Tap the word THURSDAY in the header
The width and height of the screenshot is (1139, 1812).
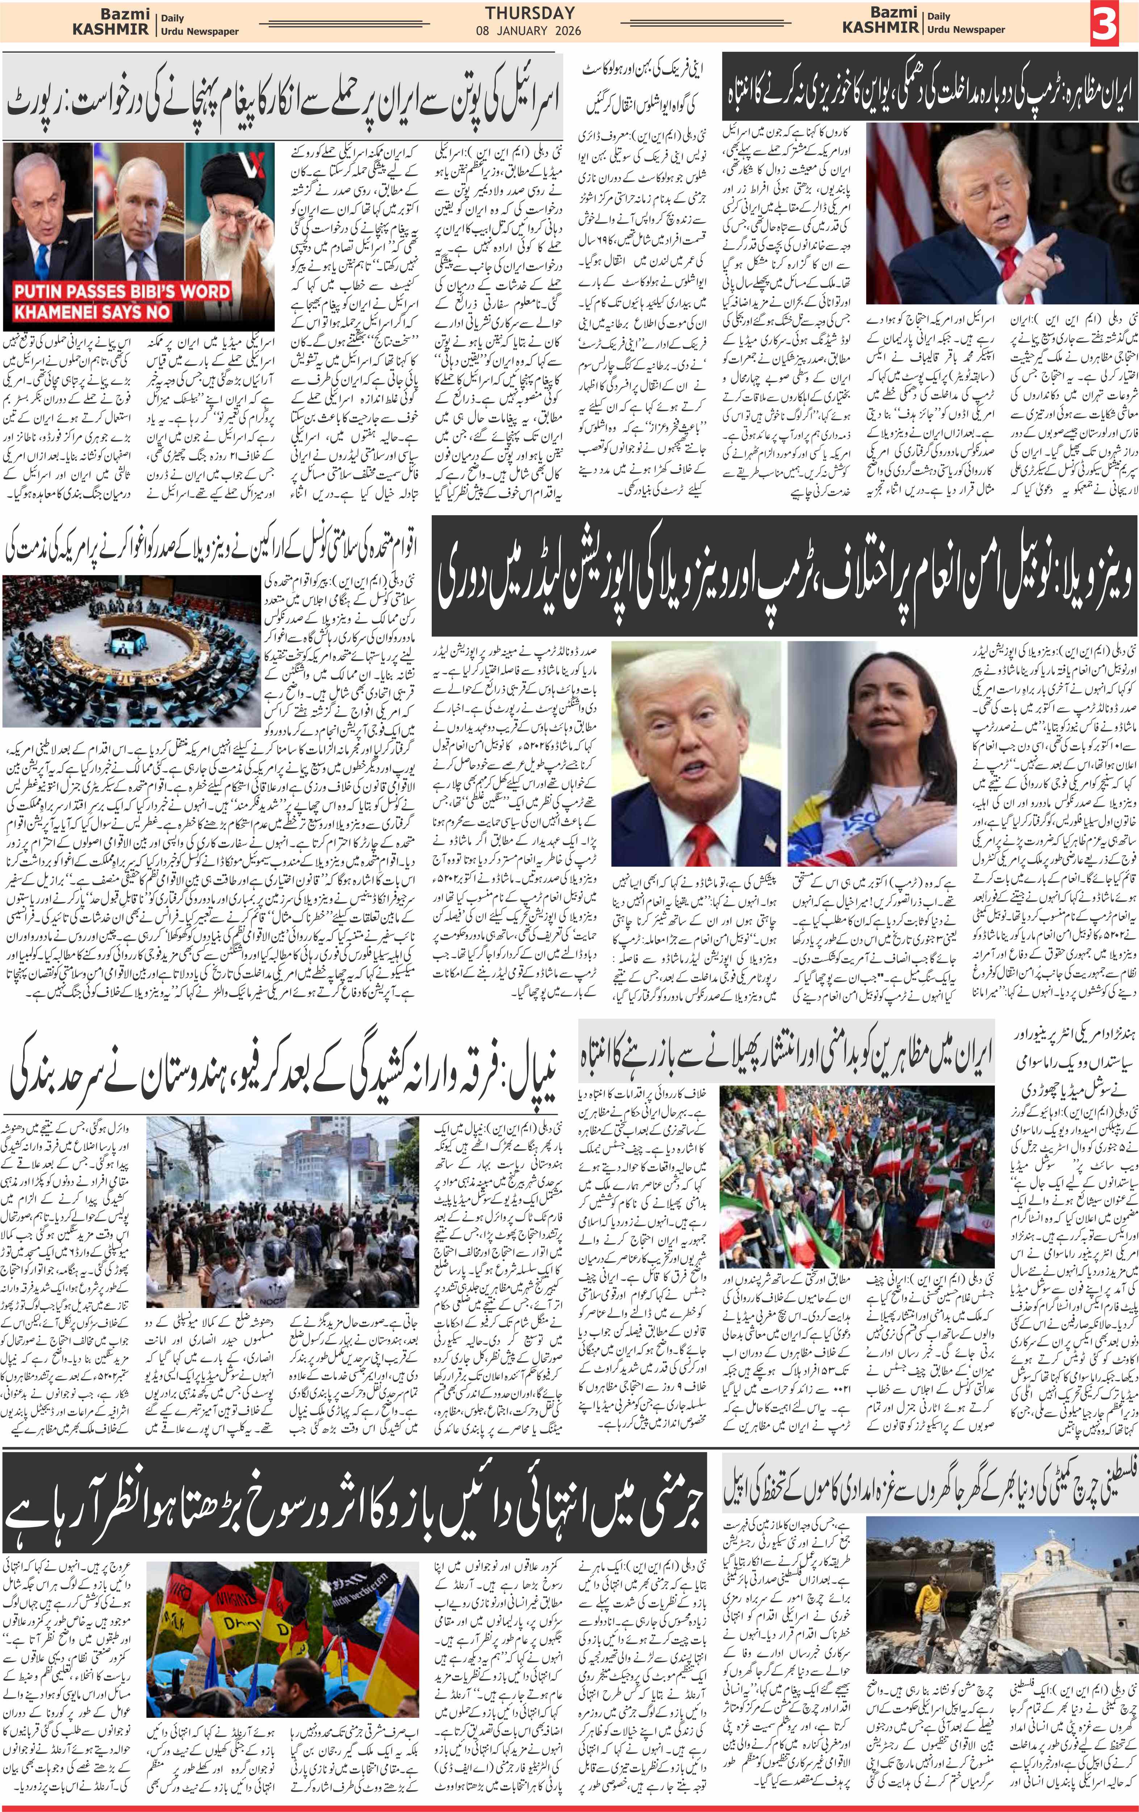click(529, 13)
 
